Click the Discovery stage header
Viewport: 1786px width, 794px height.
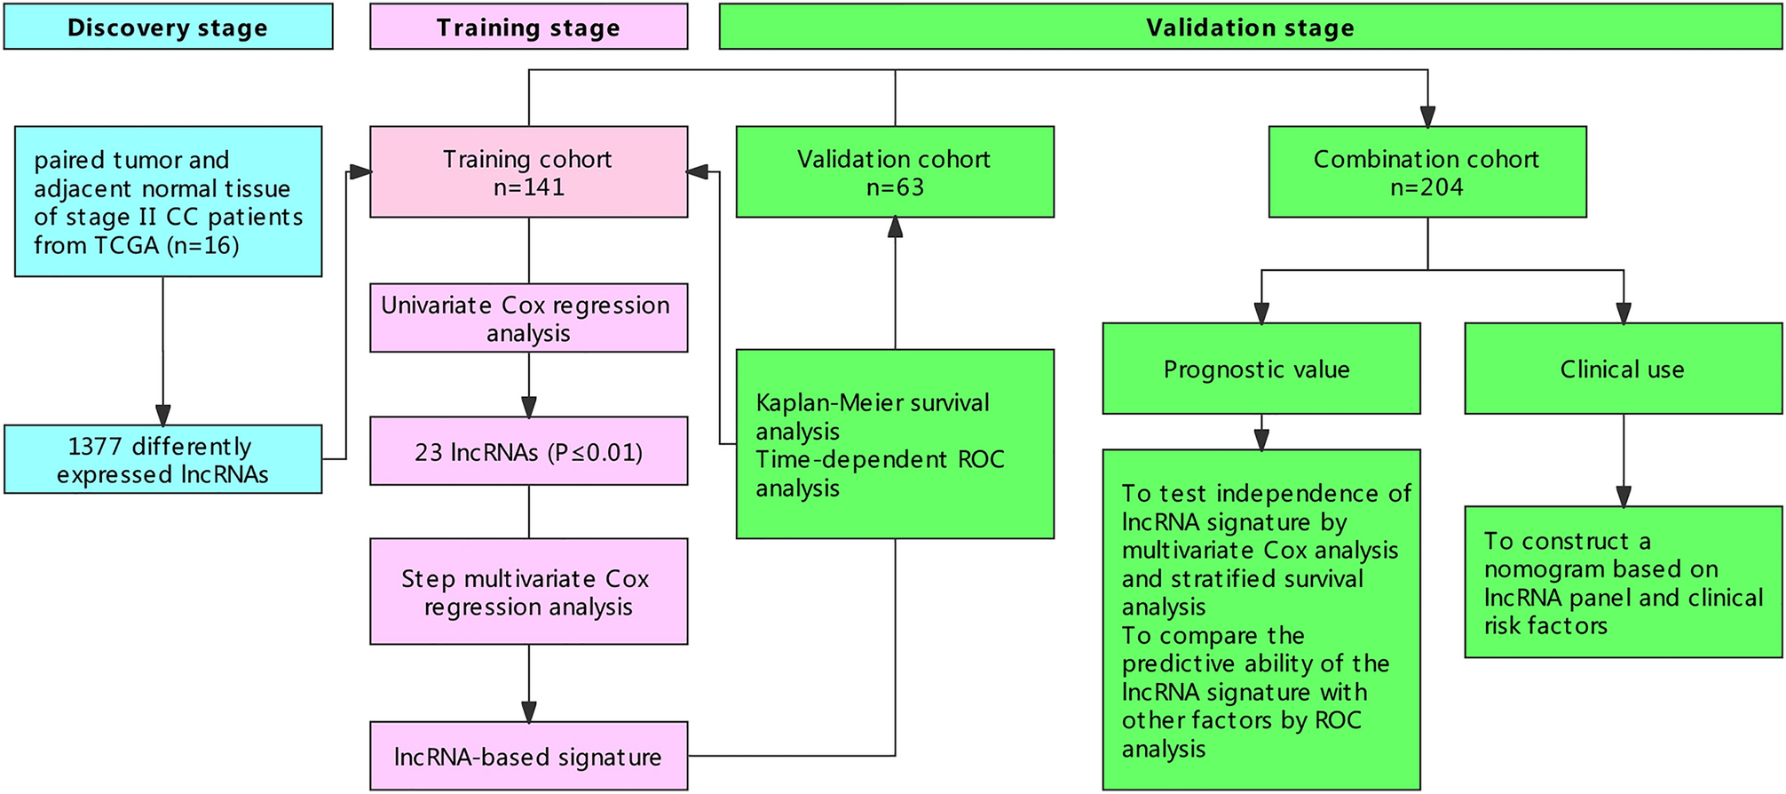(x=168, y=27)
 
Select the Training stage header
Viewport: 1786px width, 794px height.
(x=528, y=27)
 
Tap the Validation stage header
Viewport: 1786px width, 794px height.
(x=1250, y=27)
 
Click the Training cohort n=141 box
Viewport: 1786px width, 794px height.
(x=528, y=172)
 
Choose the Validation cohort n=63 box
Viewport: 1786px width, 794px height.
(x=895, y=172)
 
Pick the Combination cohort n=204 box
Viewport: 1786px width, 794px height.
(x=1426, y=172)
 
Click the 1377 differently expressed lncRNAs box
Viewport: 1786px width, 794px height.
(x=163, y=459)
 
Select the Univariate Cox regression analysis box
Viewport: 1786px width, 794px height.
(x=528, y=318)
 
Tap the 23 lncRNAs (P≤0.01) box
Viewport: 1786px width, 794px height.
(x=528, y=451)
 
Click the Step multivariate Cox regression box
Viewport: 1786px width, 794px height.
(x=528, y=592)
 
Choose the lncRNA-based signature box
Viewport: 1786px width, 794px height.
(x=528, y=756)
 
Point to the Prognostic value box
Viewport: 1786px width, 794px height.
(x=1260, y=369)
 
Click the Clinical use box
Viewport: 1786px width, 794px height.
(x=1623, y=369)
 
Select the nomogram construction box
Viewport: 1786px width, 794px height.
(x=1623, y=583)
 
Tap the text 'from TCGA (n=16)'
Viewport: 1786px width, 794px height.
(x=137, y=245)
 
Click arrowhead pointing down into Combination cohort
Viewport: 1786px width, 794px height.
(x=1427, y=116)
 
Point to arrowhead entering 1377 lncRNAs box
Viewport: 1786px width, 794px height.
(x=163, y=415)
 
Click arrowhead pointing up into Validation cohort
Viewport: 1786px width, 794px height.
(x=895, y=227)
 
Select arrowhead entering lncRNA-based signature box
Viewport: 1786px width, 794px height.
(x=529, y=711)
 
